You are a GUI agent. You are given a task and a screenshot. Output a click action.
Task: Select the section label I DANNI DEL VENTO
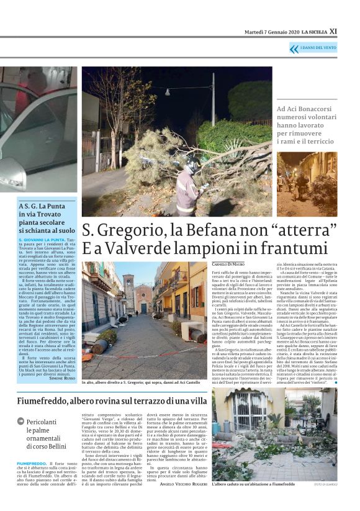point(319,48)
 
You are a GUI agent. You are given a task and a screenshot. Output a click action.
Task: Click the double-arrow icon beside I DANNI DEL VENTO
point(294,48)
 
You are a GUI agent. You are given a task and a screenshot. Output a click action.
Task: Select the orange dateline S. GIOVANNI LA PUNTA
point(42,239)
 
